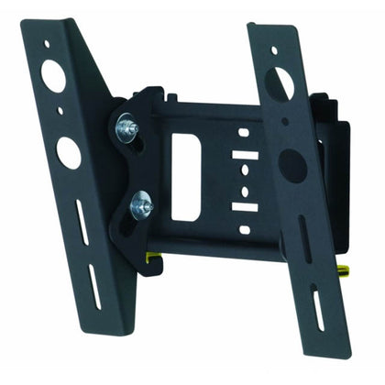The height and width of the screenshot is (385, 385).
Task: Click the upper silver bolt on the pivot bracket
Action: point(127,128)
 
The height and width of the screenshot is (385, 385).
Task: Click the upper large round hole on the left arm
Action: point(54,76)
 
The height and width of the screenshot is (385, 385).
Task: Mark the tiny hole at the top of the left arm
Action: point(46,44)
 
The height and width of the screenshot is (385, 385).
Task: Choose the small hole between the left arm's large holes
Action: point(60,111)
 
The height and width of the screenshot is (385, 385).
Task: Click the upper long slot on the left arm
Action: point(82,223)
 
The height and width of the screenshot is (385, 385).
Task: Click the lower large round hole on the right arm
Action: point(291,165)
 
